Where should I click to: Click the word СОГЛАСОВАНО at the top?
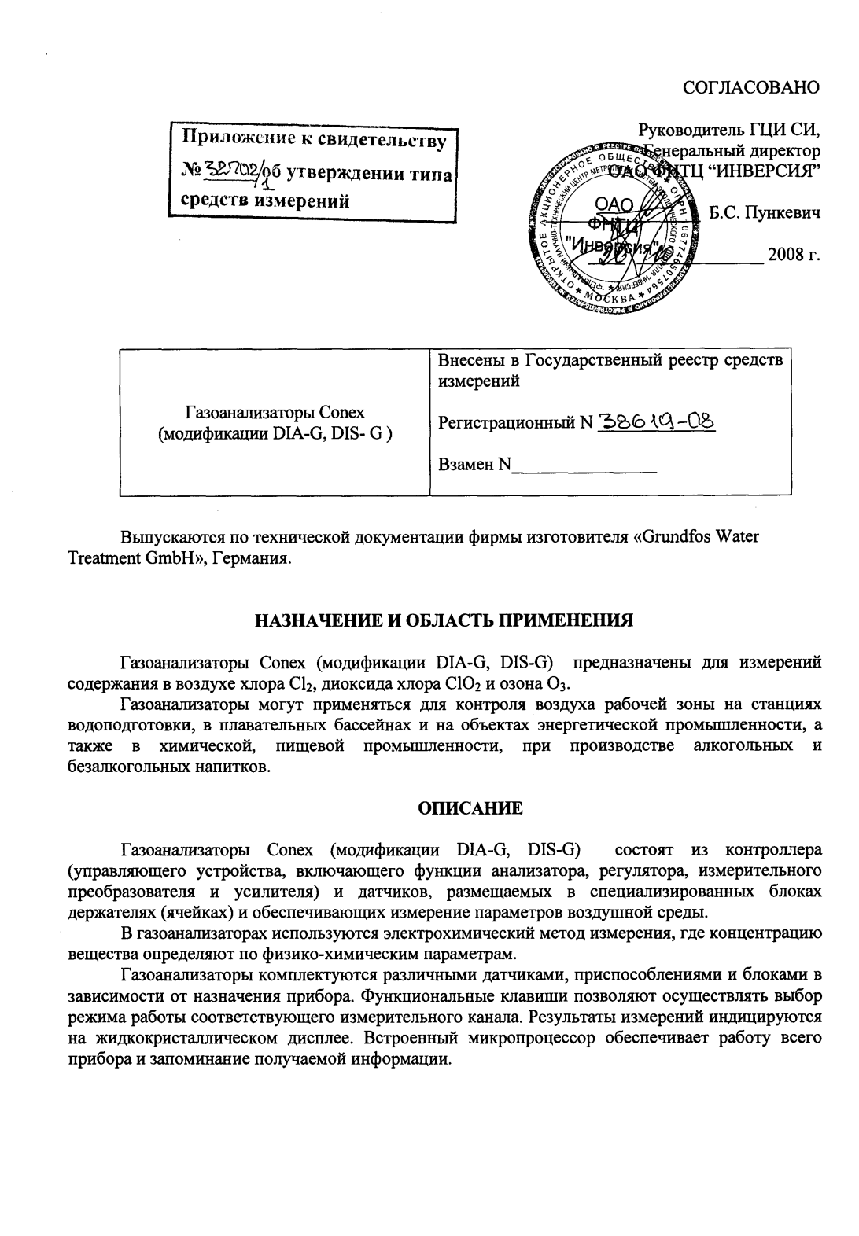coord(752,86)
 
